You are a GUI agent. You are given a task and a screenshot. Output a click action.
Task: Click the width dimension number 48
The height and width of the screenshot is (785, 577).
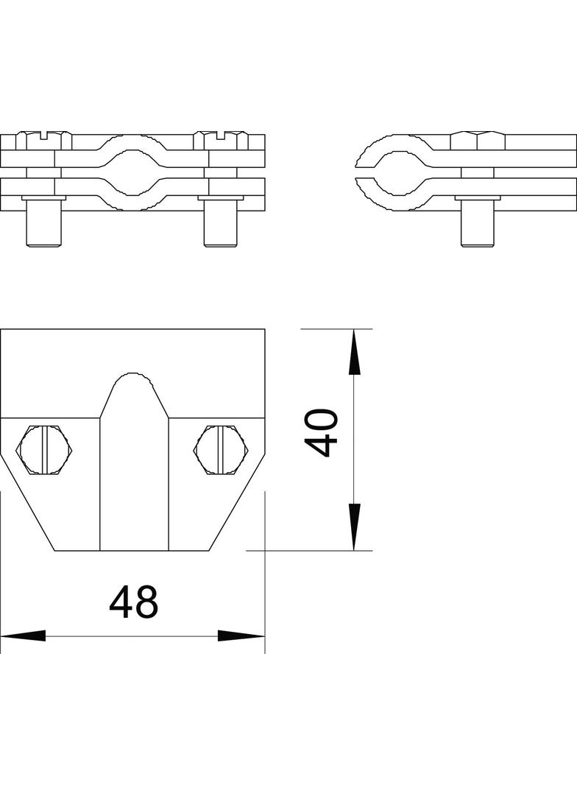pos(133,602)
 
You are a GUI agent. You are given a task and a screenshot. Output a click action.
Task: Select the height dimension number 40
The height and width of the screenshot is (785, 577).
pos(321,434)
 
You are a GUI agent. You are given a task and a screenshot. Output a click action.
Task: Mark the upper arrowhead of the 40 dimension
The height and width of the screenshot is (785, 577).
pos(354,354)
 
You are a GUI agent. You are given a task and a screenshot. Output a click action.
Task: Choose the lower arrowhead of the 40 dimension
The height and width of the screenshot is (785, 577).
pos(354,526)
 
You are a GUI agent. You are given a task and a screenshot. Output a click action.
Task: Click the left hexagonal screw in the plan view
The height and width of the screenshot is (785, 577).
pos(46,448)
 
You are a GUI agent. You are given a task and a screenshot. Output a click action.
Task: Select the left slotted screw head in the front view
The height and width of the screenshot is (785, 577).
pos(45,137)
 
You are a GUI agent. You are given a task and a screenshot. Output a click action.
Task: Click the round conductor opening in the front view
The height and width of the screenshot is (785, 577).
pos(133,166)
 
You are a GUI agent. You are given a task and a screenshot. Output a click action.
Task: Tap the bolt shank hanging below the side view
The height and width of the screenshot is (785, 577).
pos(478,224)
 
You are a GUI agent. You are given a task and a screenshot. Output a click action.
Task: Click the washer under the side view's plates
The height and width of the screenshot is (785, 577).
pos(478,197)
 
